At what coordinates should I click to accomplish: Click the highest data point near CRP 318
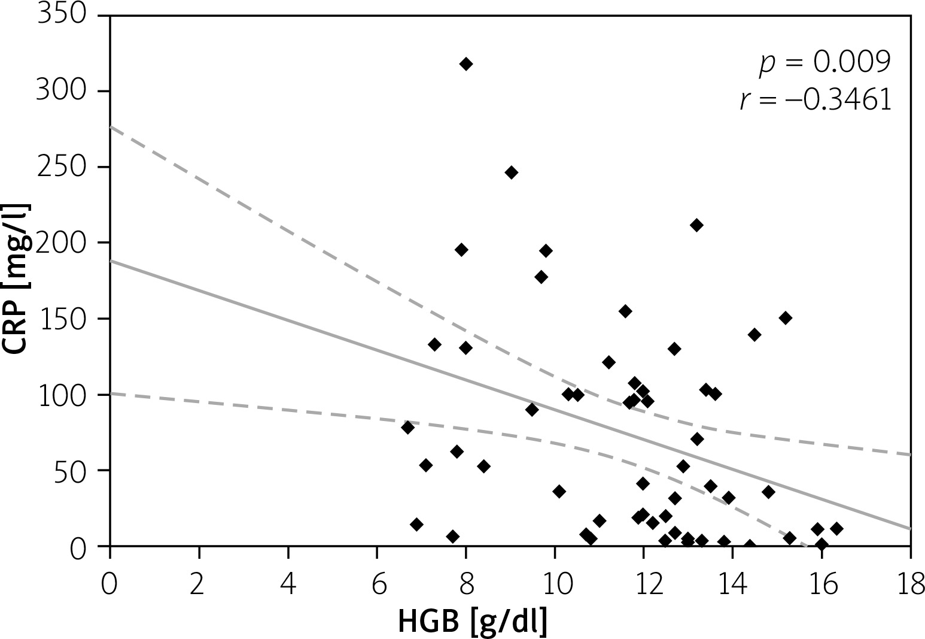click(466, 64)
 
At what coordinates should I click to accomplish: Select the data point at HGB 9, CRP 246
click(511, 172)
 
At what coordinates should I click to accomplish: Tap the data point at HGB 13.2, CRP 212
click(696, 225)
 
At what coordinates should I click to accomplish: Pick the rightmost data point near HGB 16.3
click(836, 529)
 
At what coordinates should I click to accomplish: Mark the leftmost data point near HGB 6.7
click(408, 428)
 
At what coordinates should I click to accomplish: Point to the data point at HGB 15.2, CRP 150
click(786, 318)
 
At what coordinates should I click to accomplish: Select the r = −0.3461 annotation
click(816, 101)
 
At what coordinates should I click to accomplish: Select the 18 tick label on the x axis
click(910, 583)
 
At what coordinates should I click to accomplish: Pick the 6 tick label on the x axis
click(377, 583)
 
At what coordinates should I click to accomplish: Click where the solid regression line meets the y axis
click(111, 261)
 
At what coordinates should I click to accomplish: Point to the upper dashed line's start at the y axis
click(111, 127)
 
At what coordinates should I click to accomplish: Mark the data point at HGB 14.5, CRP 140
click(754, 335)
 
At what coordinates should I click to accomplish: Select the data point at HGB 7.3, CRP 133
click(435, 344)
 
